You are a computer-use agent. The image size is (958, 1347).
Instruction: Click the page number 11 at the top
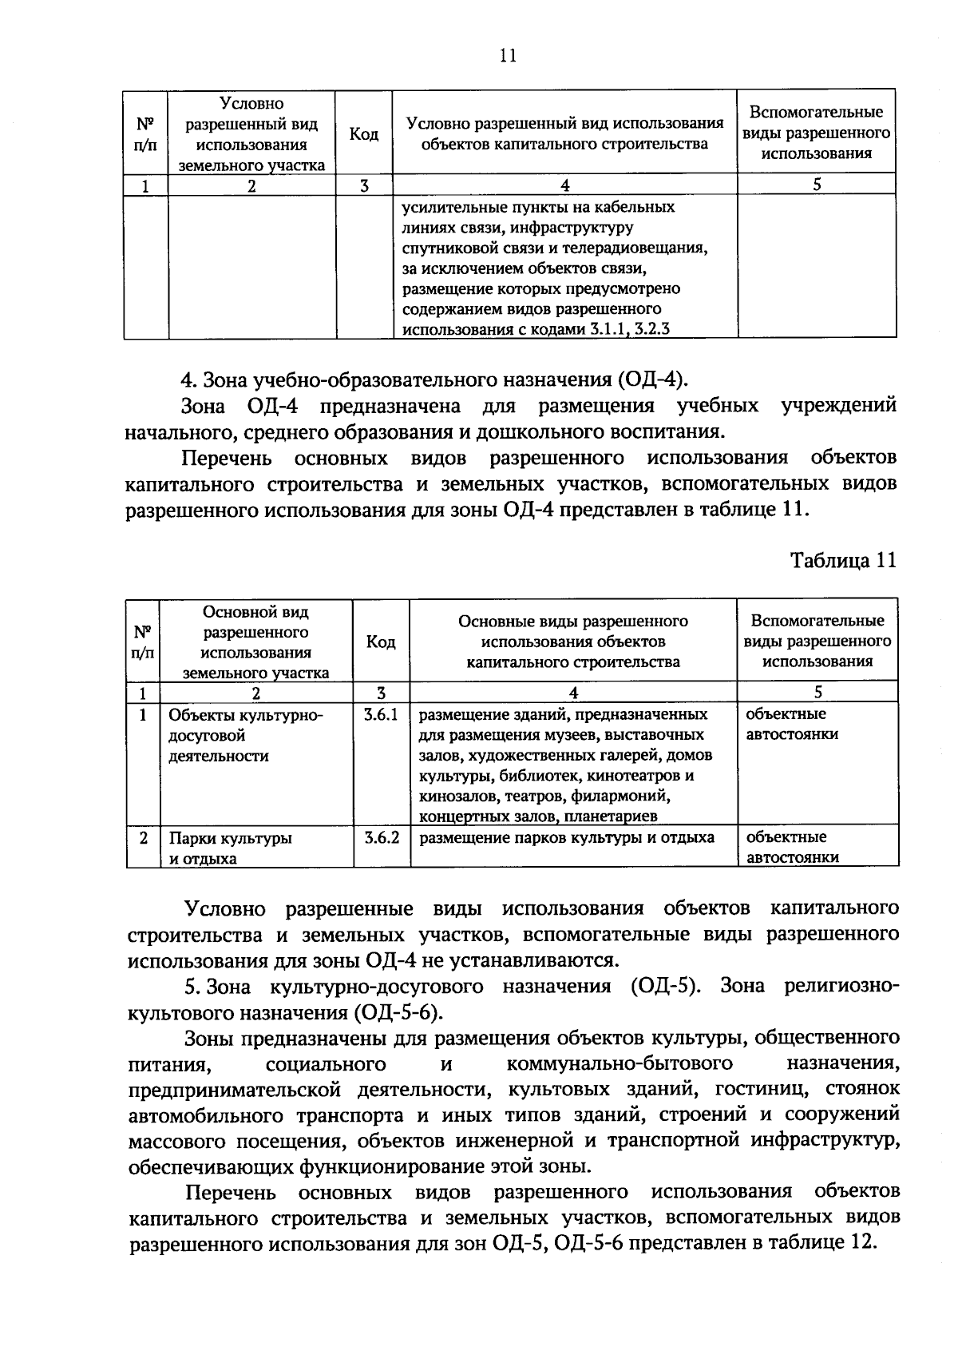(508, 55)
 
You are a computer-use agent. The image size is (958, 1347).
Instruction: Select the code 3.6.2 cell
(381, 838)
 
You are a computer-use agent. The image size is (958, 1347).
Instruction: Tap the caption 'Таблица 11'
(844, 560)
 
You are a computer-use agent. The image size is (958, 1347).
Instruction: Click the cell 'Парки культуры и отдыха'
(230, 848)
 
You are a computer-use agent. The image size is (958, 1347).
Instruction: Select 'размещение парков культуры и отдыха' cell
(567, 838)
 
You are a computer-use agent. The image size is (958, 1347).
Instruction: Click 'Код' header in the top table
(363, 134)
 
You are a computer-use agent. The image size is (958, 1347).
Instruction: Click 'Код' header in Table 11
(381, 642)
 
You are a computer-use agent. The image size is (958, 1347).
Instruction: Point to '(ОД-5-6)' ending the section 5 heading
(396, 1012)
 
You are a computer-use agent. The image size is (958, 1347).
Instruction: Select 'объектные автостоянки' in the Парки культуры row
(791, 848)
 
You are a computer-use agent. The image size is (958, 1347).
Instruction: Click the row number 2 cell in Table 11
(143, 838)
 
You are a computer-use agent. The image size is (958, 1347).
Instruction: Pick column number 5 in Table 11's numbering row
(817, 693)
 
